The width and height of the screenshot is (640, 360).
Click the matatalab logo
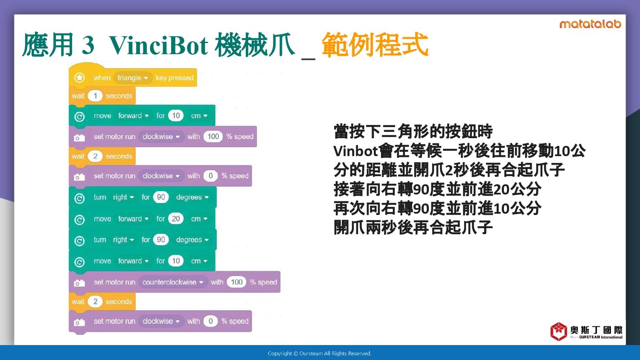590,24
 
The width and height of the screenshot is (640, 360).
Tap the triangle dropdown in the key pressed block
133,78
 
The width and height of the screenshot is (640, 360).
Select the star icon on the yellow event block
79,78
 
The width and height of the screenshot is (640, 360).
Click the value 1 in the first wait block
95,96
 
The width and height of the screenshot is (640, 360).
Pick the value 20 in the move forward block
176,219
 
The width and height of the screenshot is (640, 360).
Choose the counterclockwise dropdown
172,282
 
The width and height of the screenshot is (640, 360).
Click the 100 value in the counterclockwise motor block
236,282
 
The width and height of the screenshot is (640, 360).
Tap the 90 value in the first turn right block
161,197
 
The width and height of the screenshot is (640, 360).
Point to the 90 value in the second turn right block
161,240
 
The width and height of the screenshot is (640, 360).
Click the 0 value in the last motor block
211,321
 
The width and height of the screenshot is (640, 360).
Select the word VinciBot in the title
159,45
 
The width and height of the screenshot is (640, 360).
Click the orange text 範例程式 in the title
375,45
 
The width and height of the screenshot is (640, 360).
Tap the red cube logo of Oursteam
559,331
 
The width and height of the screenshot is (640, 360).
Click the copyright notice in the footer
320,354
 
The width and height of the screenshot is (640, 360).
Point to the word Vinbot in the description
355,151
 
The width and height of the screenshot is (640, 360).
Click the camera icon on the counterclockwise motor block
79,283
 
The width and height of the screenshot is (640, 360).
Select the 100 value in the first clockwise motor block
213,136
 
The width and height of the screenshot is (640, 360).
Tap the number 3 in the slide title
88,45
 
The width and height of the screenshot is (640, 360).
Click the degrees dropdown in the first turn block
192,197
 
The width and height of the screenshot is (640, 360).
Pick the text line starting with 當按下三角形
413,131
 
